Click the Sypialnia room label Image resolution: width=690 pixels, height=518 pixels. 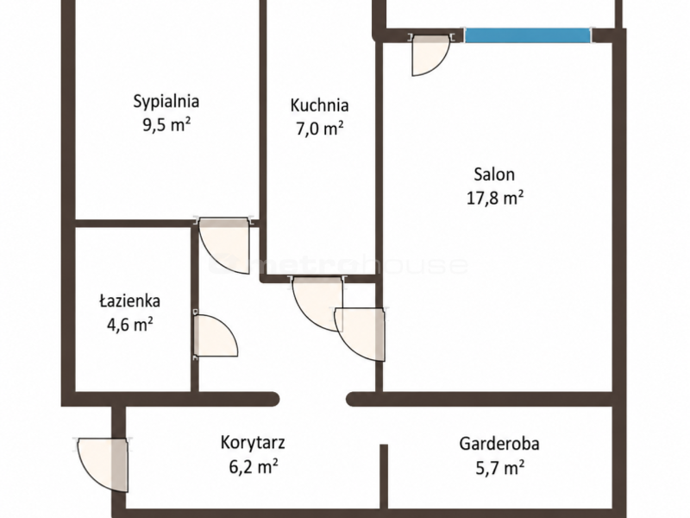[x=166, y=102]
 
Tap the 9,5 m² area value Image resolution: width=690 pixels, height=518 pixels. [x=166, y=125]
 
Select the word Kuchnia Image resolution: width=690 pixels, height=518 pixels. [x=319, y=105]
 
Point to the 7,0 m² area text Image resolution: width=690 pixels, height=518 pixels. [x=319, y=129]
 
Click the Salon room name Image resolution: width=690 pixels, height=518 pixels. [x=494, y=174]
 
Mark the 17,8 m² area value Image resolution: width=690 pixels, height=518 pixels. [x=494, y=198]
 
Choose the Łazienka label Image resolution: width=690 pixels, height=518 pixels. [x=129, y=301]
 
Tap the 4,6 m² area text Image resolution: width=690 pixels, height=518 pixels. [x=130, y=325]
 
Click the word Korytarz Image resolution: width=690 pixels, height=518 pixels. [x=253, y=443]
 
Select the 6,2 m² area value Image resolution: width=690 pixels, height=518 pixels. [x=253, y=466]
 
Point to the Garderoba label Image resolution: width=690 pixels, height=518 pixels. [x=499, y=444]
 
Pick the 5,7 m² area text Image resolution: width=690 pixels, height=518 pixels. [x=499, y=467]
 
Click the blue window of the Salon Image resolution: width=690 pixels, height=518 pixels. [x=527, y=35]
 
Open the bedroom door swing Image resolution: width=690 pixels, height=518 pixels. [x=224, y=246]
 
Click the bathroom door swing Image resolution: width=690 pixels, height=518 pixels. [x=216, y=336]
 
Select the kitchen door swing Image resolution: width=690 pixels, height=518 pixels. [x=317, y=304]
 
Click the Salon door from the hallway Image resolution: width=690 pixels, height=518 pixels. [x=360, y=334]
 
